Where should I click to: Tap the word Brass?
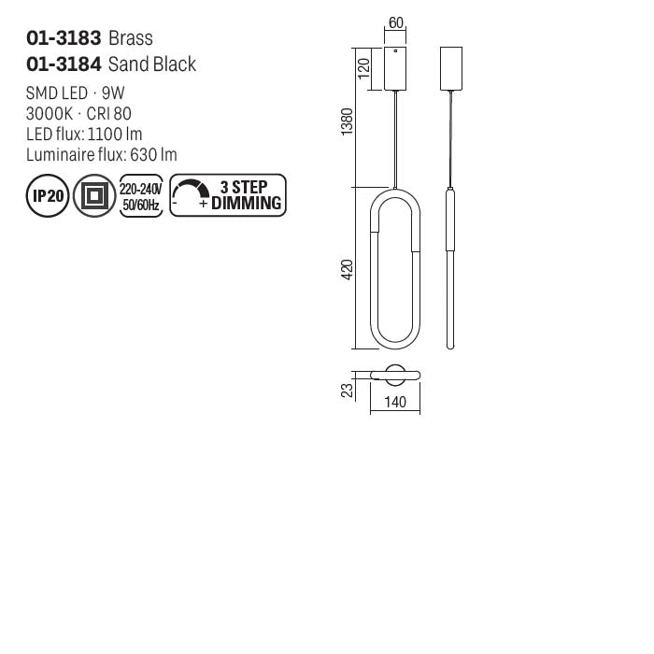(131, 38)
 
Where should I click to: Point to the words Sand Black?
(152, 64)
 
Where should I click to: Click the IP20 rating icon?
(46, 197)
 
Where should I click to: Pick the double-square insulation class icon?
(94, 197)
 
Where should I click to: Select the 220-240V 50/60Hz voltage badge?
(142, 196)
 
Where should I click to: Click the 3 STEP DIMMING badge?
(228, 196)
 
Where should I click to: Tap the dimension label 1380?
(347, 121)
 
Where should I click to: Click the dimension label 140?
(395, 403)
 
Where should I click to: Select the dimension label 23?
(347, 389)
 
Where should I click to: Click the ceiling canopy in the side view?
(451, 67)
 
